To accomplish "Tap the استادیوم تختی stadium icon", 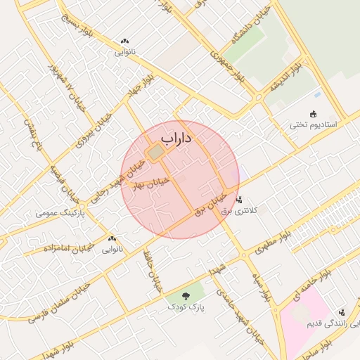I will click(313, 114).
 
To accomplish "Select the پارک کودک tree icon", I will click(186, 297).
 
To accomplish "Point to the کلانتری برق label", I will click(240, 210).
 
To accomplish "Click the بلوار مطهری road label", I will click(264, 241).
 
